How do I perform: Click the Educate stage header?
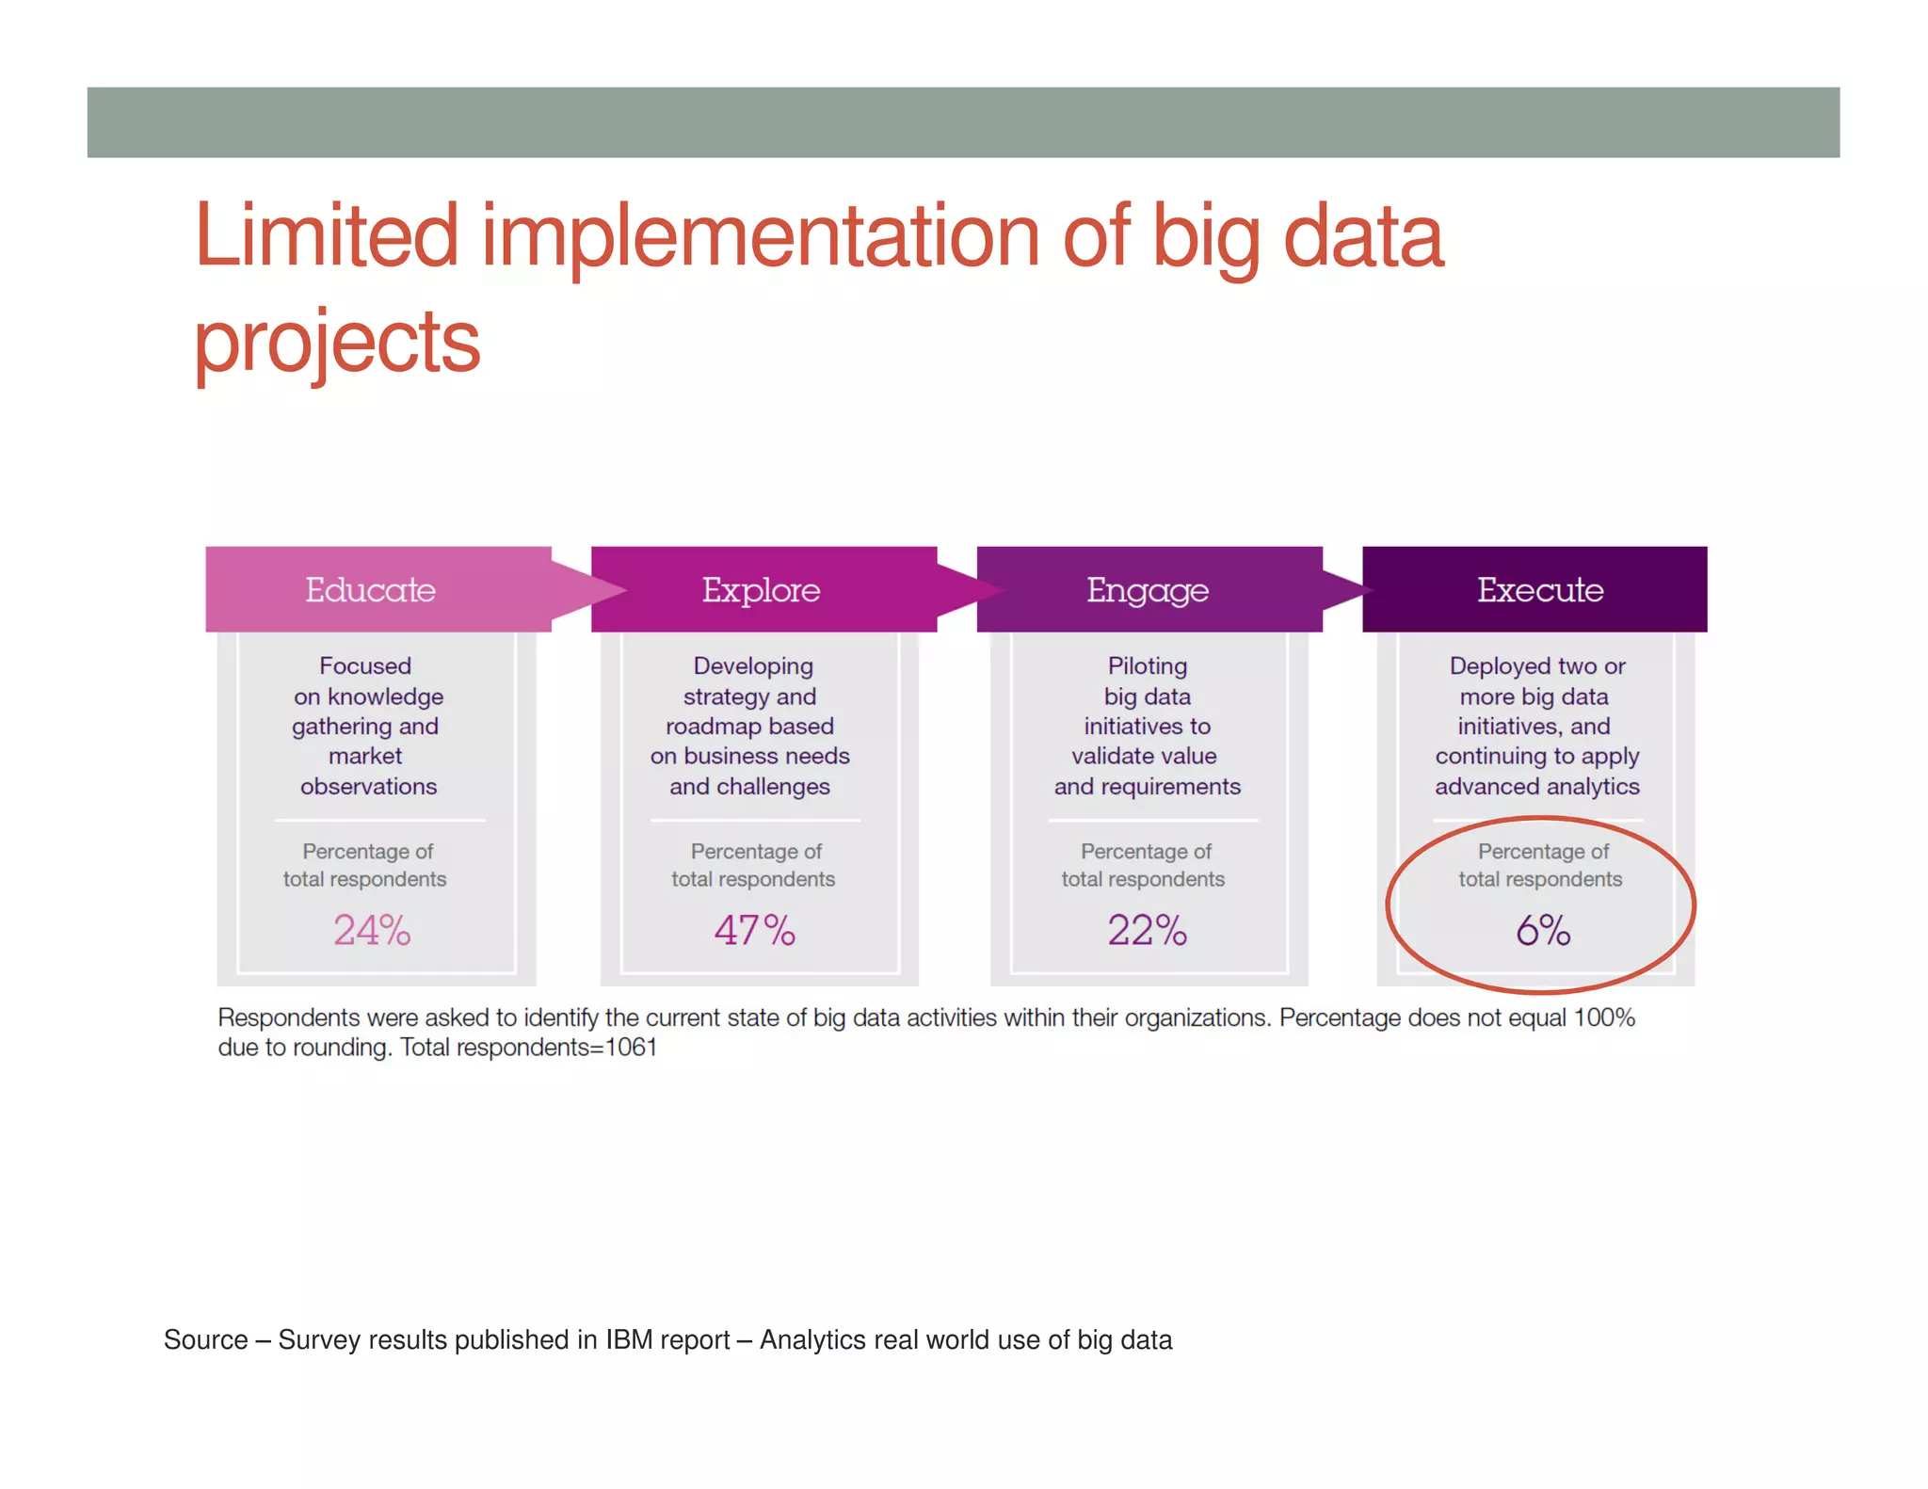[370, 590]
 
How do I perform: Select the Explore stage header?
[761, 590]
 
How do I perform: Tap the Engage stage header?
[1147, 590]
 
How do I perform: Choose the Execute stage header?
[1539, 590]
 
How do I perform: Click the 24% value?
[372, 930]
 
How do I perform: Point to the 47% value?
[754, 930]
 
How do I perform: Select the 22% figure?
[1147, 930]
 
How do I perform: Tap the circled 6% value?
[1542, 930]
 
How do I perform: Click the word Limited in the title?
[326, 236]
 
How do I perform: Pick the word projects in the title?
[336, 342]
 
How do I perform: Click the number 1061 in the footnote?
[631, 1048]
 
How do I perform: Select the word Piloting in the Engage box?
[1147, 665]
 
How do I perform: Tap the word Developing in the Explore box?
[753, 665]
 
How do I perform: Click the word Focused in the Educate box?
[365, 665]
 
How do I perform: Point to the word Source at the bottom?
[205, 1339]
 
